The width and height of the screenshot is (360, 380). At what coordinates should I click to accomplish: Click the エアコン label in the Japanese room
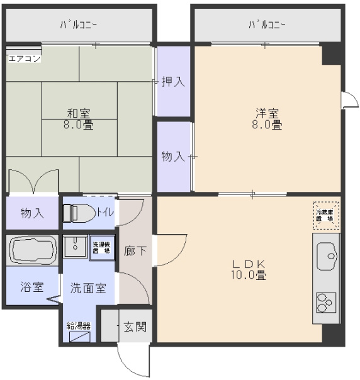click(x=24, y=59)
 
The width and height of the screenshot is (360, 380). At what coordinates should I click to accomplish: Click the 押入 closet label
click(x=172, y=81)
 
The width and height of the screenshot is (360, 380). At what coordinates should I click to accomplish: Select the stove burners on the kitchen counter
click(x=326, y=303)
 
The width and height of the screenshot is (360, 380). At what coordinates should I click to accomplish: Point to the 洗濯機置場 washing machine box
click(x=101, y=247)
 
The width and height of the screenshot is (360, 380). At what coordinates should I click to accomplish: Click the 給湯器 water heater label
click(x=79, y=326)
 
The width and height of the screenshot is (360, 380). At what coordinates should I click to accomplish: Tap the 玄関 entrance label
click(x=134, y=327)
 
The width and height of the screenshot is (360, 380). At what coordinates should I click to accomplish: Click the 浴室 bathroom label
click(x=31, y=288)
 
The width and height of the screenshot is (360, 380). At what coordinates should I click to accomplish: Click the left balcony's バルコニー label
click(x=79, y=25)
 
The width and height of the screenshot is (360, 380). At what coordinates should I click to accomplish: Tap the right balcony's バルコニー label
click(x=267, y=25)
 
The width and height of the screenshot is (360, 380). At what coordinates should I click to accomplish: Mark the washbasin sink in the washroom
click(x=75, y=246)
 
